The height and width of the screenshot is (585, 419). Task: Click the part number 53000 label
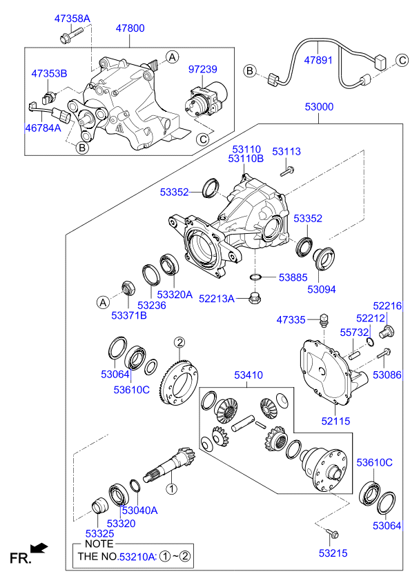(x=319, y=108)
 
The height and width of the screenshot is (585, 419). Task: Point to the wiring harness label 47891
(x=319, y=60)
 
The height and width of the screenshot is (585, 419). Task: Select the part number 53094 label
(x=322, y=289)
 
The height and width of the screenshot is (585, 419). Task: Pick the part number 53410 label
(x=249, y=375)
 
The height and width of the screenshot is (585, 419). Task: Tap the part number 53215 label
(x=334, y=553)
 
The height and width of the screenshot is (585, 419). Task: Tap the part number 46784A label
(x=43, y=128)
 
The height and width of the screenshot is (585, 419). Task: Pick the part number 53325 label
(x=101, y=534)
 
